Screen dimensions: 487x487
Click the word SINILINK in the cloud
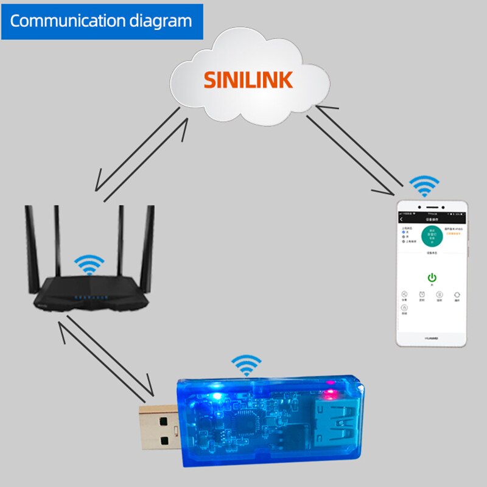click(248, 80)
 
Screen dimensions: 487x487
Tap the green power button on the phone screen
click(432, 277)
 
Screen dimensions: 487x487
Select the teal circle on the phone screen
click(432, 236)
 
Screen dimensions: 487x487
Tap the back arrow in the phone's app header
click(402, 220)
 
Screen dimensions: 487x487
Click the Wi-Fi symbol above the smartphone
click(424, 186)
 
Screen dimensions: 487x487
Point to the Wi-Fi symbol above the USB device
click(245, 366)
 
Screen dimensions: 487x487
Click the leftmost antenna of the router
click(30, 243)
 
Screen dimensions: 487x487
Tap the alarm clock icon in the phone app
click(421, 295)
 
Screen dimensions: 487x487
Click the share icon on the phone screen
click(404, 295)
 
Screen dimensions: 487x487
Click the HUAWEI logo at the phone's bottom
click(432, 336)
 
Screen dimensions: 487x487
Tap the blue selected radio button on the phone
click(403, 233)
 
